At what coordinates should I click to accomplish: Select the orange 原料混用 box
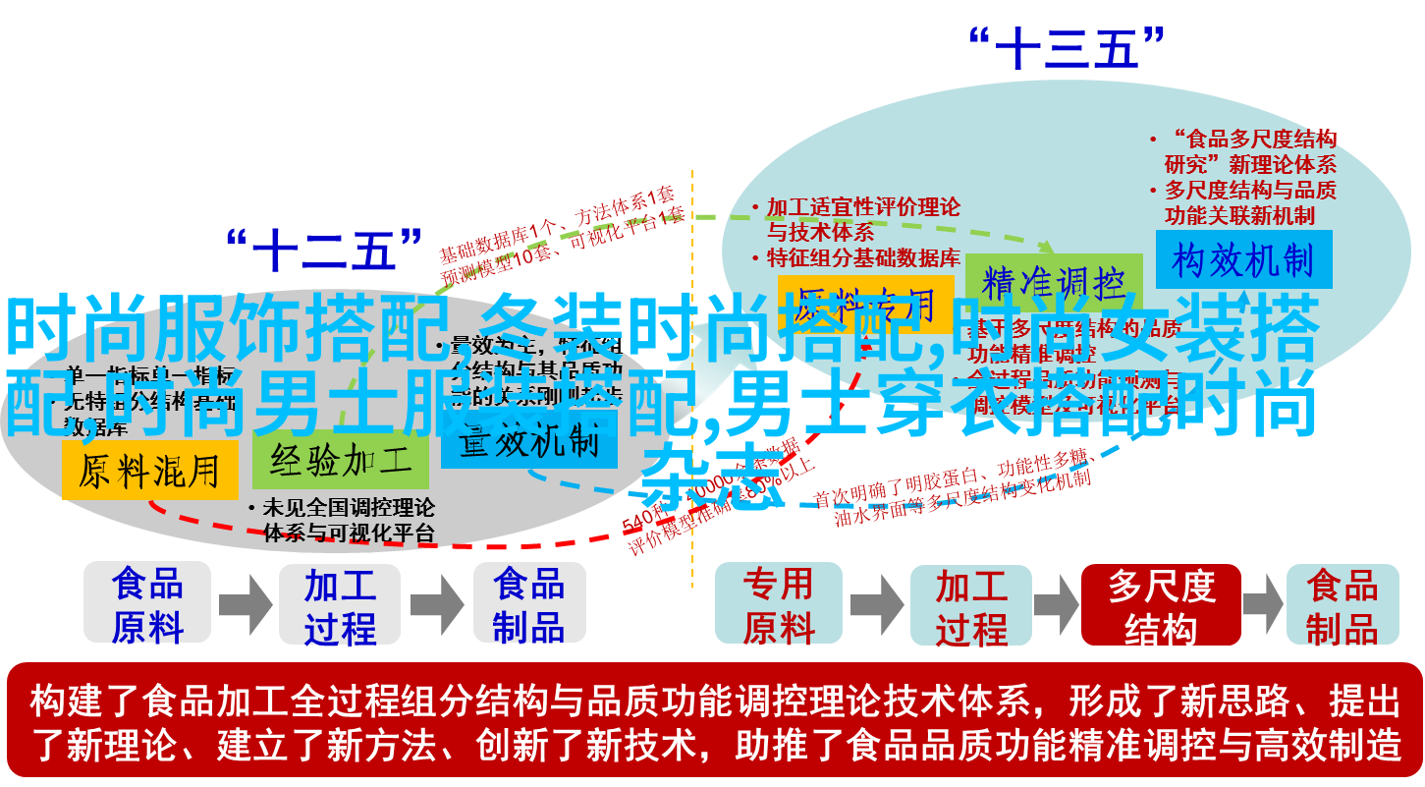click(x=149, y=471)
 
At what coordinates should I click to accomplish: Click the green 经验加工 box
click(x=340, y=463)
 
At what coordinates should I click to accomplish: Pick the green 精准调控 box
click(x=1054, y=283)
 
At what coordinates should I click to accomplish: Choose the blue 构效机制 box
click(x=1243, y=260)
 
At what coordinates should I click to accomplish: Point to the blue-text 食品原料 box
click(x=147, y=603)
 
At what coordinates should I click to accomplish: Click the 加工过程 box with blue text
click(x=340, y=603)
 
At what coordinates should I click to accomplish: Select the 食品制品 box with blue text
click(x=529, y=603)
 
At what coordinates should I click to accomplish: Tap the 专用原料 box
click(x=778, y=603)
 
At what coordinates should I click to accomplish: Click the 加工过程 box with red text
click(x=971, y=603)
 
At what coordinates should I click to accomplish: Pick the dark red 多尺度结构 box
click(x=1161, y=603)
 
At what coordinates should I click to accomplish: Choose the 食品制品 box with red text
click(x=1342, y=603)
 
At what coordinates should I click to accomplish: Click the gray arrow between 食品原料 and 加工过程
click(x=245, y=603)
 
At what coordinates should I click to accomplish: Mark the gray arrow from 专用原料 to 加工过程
click(x=876, y=603)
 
